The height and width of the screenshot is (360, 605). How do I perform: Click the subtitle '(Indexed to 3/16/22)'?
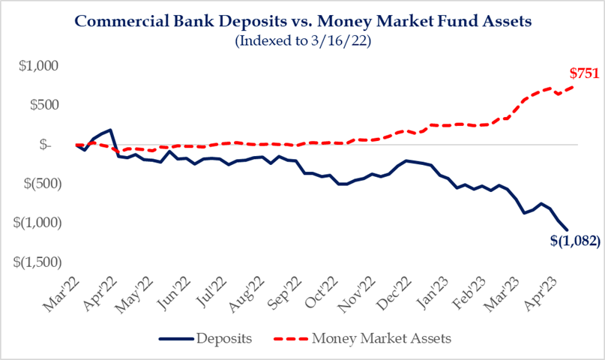pyautogui.click(x=302, y=40)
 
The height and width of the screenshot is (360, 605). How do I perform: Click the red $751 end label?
pyautogui.click(x=583, y=73)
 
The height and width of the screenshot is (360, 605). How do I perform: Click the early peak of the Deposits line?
pyautogui.click(x=110, y=130)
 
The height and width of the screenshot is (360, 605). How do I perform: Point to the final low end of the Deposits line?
pyautogui.click(x=568, y=230)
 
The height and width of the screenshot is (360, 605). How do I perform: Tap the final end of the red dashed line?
pyautogui.click(x=574, y=86)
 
